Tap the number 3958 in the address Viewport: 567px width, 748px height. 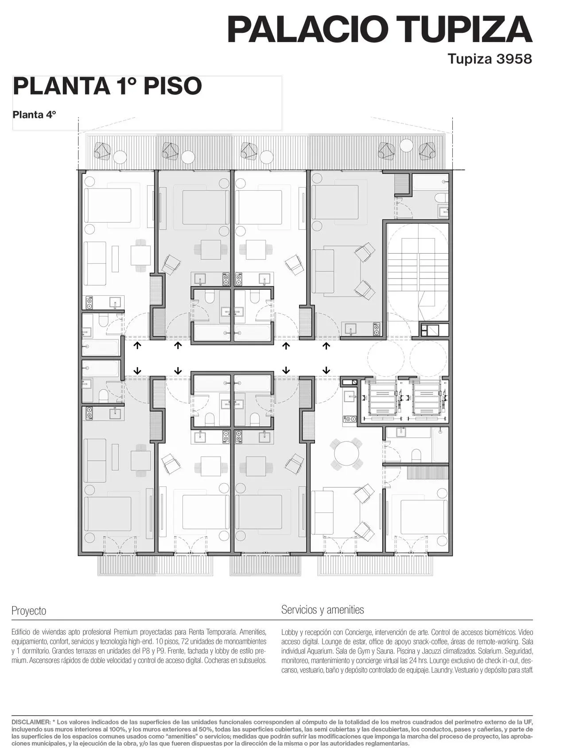[514, 59]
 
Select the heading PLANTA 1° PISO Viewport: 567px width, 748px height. [107, 86]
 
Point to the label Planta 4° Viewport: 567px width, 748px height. [35, 115]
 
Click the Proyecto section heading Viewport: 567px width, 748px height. [29, 611]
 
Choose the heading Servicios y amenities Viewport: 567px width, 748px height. [322, 610]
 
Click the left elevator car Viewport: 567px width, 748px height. [380, 398]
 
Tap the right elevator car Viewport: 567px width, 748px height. [427, 398]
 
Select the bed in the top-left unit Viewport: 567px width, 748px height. [108, 205]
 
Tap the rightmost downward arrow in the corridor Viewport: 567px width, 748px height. [327, 370]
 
